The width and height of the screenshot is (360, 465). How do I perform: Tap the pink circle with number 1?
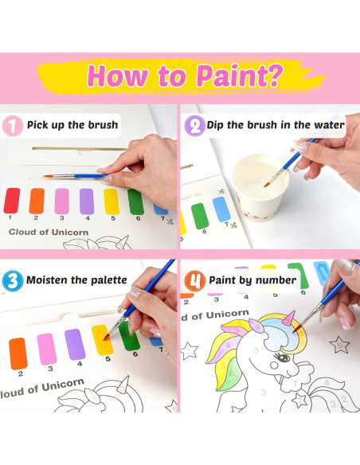(13, 125)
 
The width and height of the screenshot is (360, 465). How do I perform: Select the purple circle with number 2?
(194, 125)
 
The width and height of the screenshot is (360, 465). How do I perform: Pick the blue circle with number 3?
(13, 280)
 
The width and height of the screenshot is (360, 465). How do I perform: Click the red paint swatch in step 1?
(11, 200)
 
